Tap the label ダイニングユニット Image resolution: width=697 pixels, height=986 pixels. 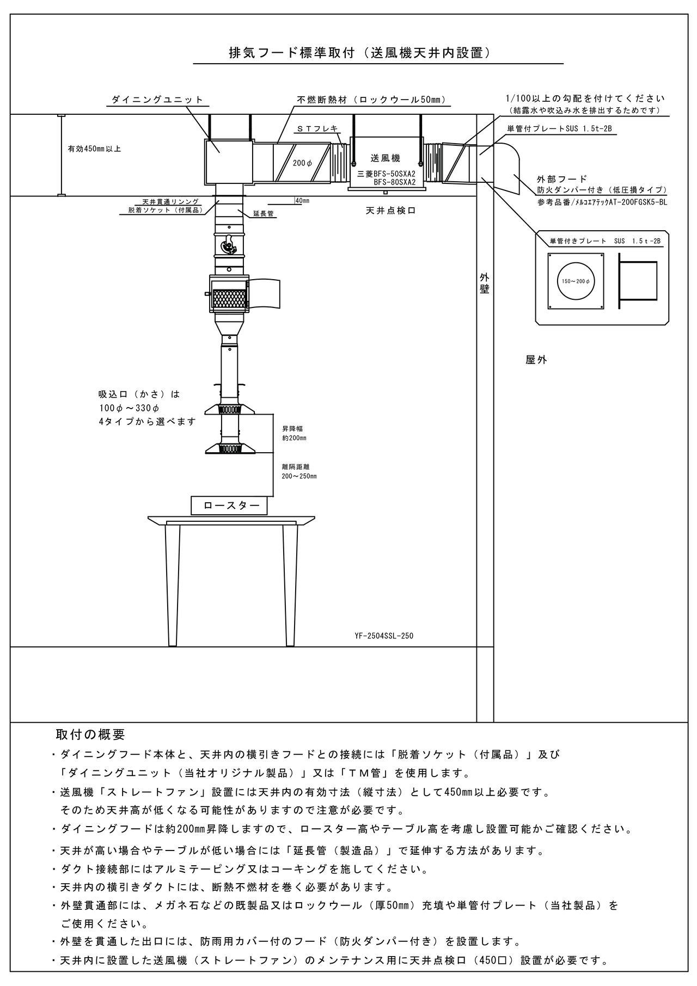click(157, 100)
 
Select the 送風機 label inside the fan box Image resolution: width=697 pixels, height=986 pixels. click(386, 158)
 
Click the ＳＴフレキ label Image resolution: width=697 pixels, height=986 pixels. click(317, 128)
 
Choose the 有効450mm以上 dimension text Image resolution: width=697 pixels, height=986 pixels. click(94, 149)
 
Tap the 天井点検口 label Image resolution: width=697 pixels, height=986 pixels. click(390, 210)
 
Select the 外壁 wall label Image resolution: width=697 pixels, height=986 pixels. click(485, 283)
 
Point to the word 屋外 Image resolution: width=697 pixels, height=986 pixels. click(536, 360)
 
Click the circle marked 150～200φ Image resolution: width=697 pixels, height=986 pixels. click(576, 281)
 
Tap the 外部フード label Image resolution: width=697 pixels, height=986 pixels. click(562, 178)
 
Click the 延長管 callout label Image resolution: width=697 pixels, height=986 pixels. click(263, 214)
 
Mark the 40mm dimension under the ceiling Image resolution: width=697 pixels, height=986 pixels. click(302, 201)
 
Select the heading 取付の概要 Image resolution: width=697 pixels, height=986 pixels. click(90, 735)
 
